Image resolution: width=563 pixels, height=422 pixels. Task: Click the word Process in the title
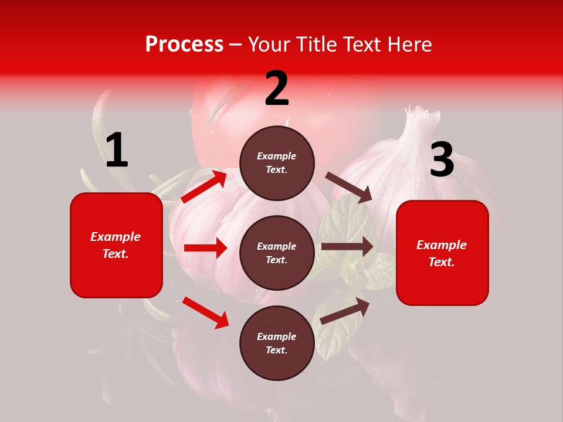pyautogui.click(x=184, y=44)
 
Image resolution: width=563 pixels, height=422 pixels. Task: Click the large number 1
pyautogui.click(x=117, y=151)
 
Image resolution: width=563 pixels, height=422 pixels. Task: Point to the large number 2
pyautogui.click(x=277, y=89)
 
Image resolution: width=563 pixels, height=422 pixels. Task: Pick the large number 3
pyautogui.click(x=442, y=160)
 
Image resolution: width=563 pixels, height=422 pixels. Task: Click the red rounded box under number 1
pyautogui.click(x=116, y=245)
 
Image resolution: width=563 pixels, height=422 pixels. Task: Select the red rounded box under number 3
pyautogui.click(x=442, y=253)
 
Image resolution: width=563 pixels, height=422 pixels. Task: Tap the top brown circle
pyautogui.click(x=277, y=163)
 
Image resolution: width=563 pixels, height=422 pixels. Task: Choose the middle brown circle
pyautogui.click(x=277, y=253)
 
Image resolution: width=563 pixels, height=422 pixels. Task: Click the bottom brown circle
pyautogui.click(x=277, y=343)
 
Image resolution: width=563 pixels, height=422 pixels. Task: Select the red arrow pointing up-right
pyautogui.click(x=204, y=186)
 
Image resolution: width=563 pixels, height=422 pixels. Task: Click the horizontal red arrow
pyautogui.click(x=205, y=248)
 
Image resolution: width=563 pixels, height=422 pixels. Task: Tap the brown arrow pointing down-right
pyautogui.click(x=349, y=188)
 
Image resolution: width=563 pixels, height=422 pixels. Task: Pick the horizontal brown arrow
pyautogui.click(x=347, y=247)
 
